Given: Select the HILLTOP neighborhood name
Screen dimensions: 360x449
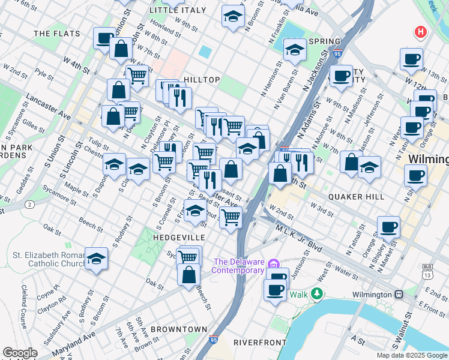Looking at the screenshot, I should [x=202, y=80].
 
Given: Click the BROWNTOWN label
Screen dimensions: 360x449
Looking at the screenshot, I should [x=179, y=329].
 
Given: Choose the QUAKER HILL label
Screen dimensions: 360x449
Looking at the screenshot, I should [x=356, y=197].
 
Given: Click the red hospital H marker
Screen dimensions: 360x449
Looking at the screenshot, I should [x=421, y=32].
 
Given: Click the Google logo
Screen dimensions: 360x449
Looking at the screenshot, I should [x=20, y=353].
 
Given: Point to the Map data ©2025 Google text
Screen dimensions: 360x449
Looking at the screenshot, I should [x=412, y=355].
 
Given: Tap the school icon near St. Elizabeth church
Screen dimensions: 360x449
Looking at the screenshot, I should [x=96, y=259].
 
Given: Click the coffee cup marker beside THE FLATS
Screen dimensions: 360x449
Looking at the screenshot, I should [x=104, y=38].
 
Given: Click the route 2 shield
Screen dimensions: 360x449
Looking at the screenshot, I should [x=29, y=205].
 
